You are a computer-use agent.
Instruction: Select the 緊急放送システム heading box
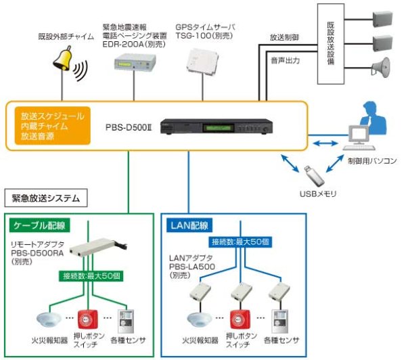point(45,198)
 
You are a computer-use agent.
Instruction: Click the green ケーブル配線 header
point(39,224)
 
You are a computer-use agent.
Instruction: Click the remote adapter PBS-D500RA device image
point(99,250)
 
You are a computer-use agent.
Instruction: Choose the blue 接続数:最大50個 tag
point(240,240)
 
